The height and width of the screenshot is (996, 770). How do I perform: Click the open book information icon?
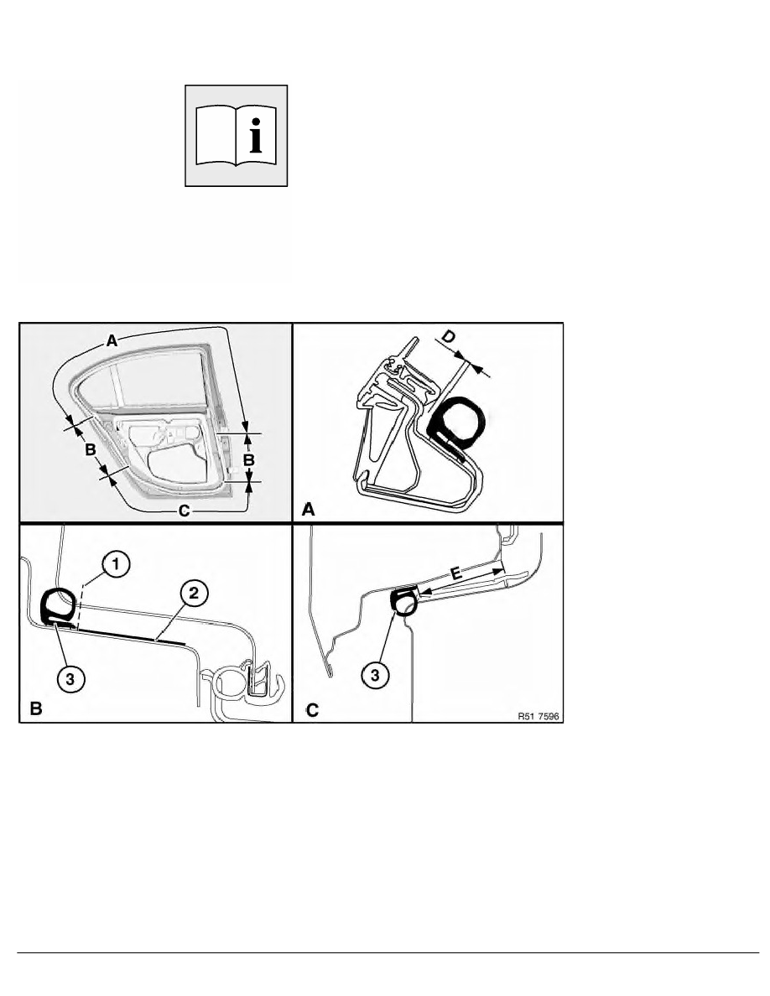pos(237,136)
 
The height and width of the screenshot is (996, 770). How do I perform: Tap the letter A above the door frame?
pos(112,341)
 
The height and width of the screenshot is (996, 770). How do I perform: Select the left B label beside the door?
pos(91,449)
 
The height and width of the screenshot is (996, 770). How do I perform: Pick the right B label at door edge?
pos(249,459)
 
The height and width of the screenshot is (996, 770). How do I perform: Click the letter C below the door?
pos(184,511)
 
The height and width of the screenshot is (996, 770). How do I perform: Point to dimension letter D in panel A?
pos(449,337)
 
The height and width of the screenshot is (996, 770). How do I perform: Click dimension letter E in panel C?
pos(456,575)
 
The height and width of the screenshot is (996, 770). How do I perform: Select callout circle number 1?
pos(116,563)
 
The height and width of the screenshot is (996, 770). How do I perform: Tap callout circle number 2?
pos(194,593)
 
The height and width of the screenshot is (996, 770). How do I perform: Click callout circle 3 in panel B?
pos(70,679)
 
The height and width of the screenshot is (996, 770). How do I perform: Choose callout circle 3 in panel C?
pos(375,675)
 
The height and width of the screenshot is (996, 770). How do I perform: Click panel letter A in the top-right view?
pos(308,510)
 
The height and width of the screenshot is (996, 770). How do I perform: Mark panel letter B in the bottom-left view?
pos(35,708)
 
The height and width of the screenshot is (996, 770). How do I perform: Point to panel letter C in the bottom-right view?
pos(312,709)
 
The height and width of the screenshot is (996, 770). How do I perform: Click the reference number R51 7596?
pos(538,716)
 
